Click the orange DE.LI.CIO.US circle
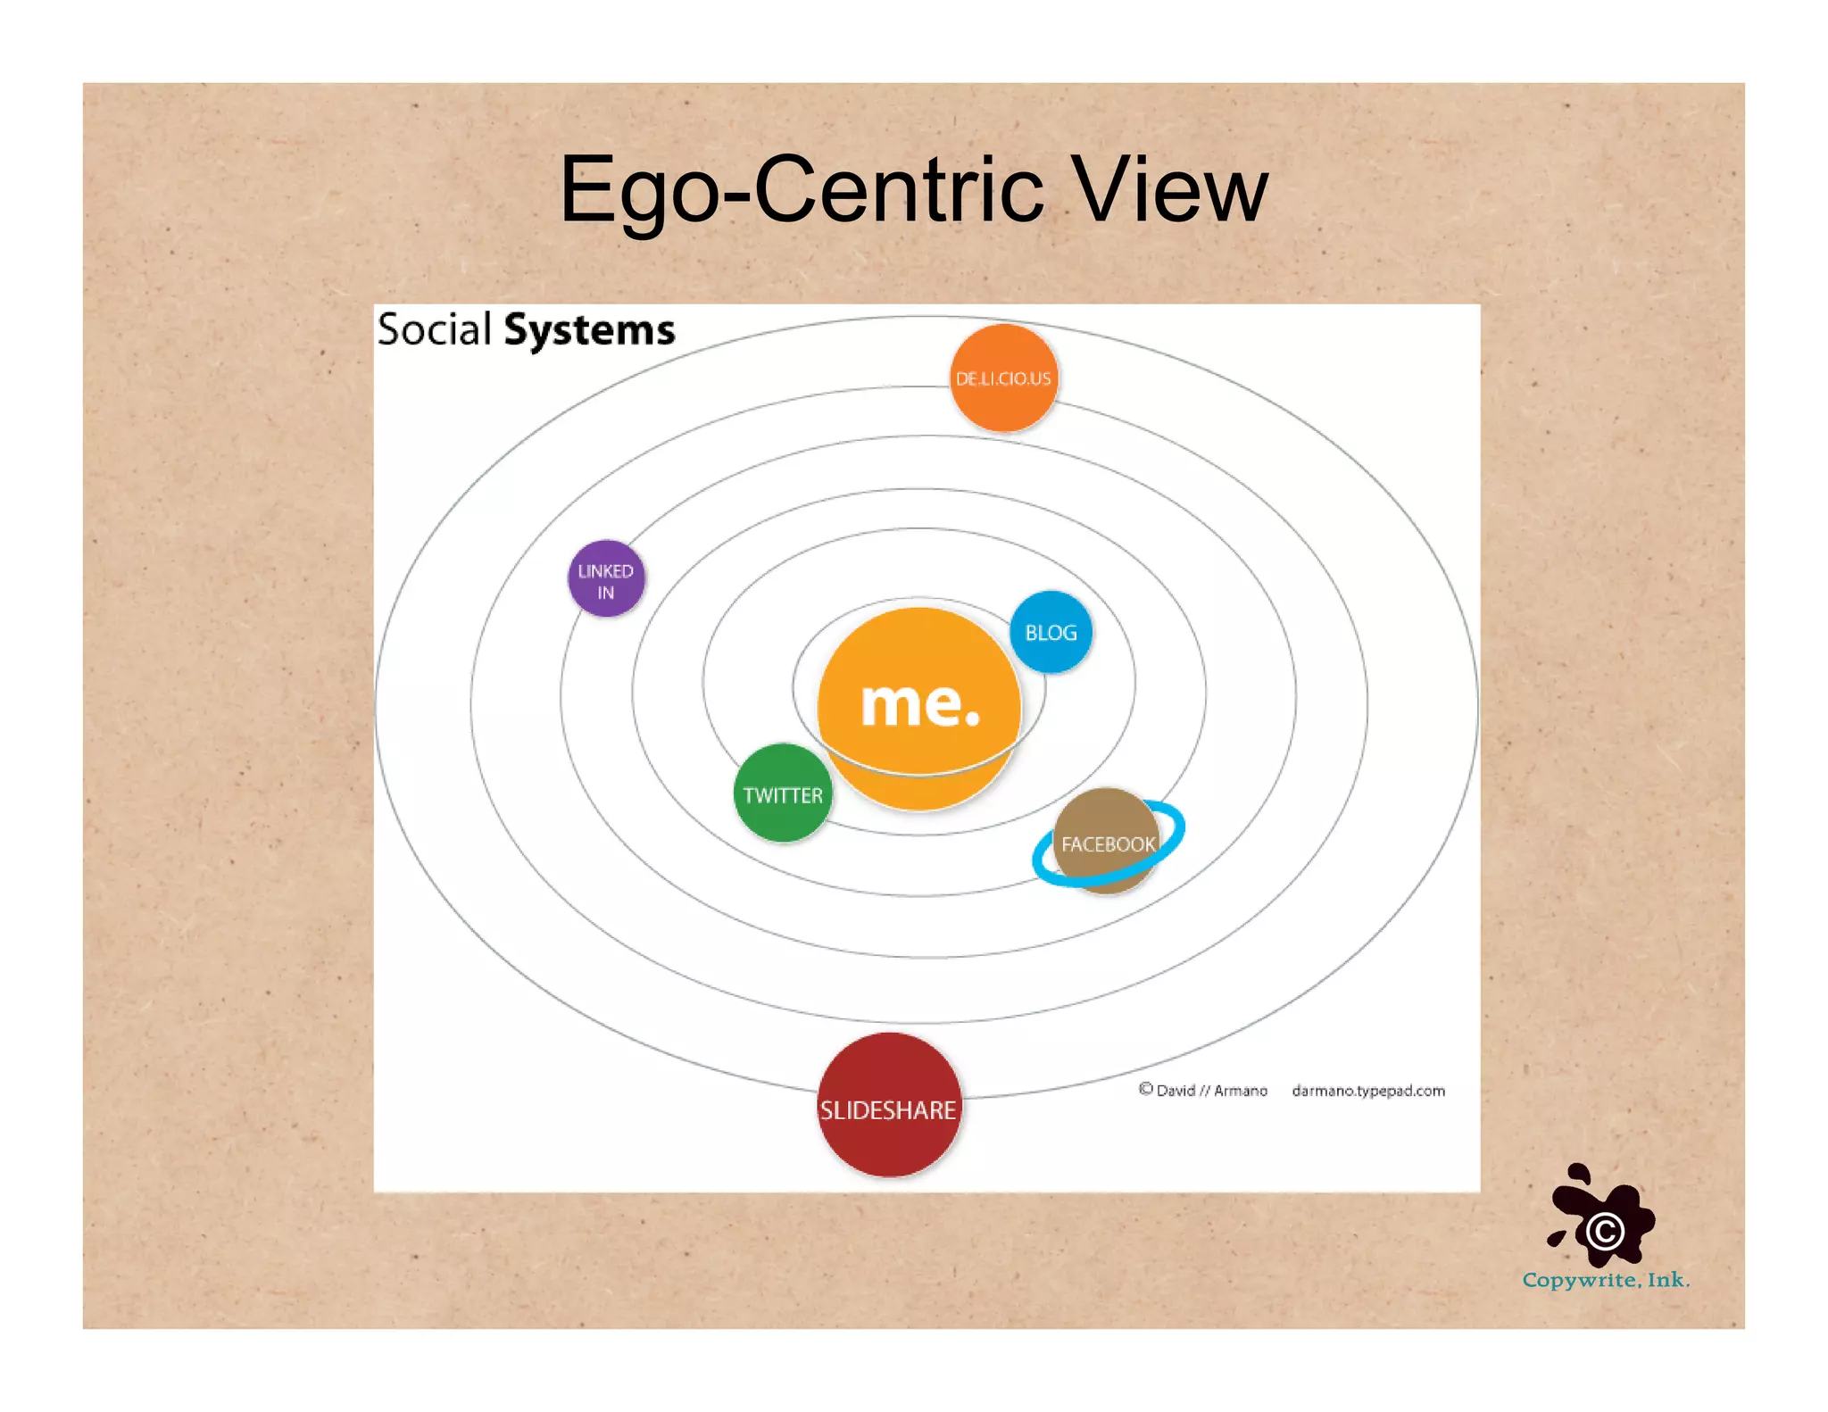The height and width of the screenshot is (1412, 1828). (x=1003, y=378)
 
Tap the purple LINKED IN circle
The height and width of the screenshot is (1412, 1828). (x=606, y=578)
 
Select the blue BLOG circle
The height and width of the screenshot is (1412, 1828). (x=1051, y=632)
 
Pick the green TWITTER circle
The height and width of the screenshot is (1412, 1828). (x=783, y=793)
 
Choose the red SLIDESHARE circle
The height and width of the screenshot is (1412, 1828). (x=889, y=1105)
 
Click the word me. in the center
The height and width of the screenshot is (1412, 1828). (x=919, y=703)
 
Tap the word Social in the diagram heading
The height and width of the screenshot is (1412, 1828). (x=435, y=329)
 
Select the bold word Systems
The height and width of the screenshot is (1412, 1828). (x=589, y=330)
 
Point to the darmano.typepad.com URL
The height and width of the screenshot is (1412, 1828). (x=1367, y=1091)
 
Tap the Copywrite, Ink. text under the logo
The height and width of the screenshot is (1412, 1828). (x=1606, y=1280)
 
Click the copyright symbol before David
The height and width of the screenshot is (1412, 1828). (x=1146, y=1089)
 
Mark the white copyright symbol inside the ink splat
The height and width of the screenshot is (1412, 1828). (x=1605, y=1232)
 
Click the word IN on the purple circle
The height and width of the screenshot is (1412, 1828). (x=606, y=593)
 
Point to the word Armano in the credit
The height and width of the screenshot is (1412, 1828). (x=1240, y=1091)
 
